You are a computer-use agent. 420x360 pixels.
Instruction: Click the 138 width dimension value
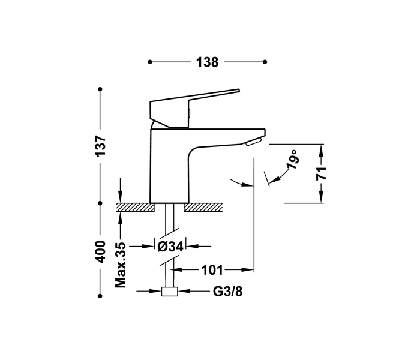207,62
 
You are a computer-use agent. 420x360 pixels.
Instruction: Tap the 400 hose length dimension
101,251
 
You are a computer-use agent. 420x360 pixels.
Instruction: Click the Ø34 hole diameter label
170,246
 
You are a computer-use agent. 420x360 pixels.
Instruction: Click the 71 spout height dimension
322,174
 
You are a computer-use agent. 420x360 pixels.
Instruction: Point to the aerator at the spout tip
253,141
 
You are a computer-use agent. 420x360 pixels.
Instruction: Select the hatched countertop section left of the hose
135,208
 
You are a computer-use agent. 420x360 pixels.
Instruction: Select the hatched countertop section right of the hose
203,208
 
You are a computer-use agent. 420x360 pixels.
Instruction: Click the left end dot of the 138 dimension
149,62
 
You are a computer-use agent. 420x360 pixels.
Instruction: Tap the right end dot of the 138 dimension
265,62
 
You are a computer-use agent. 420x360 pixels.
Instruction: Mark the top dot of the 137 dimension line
101,89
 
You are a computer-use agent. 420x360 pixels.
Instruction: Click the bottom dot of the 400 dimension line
101,295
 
